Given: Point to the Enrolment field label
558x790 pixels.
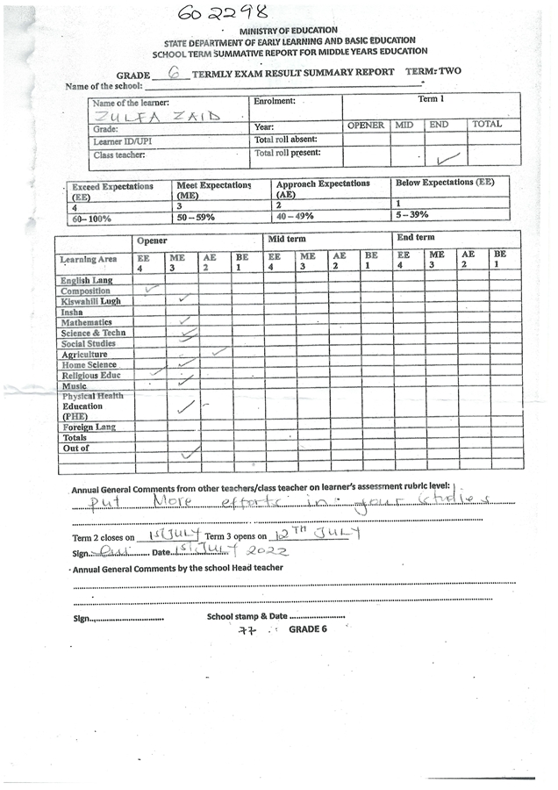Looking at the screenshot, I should (x=274, y=102).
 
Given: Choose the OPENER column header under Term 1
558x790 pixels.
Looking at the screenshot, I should (x=366, y=126).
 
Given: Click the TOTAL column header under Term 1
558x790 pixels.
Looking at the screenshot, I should (x=487, y=126).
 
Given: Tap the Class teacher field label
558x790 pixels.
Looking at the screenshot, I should (x=119, y=155).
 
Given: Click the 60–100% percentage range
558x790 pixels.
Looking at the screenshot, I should (x=92, y=218).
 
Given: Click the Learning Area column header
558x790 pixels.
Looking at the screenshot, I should (x=89, y=260).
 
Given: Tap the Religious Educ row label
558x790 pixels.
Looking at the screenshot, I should (x=91, y=376).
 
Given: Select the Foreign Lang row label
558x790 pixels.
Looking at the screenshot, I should (x=88, y=427).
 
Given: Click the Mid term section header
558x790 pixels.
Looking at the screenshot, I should (x=286, y=239).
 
